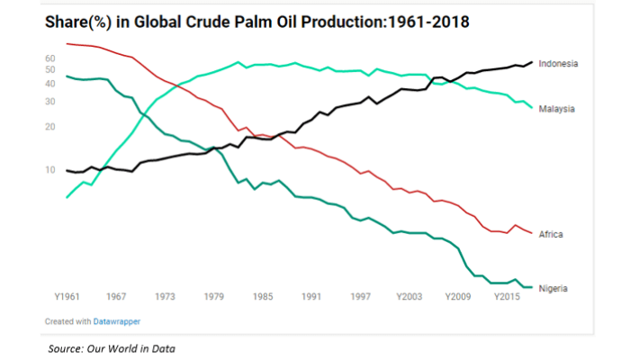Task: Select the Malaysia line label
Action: (x=557, y=109)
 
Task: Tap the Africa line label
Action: (x=551, y=235)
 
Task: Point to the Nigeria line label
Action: (x=553, y=288)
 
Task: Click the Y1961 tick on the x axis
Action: (x=68, y=296)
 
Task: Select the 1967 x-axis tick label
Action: (x=116, y=296)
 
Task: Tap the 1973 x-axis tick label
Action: (x=166, y=296)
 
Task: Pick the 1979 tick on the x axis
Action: (x=214, y=296)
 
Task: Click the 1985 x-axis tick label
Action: (x=264, y=296)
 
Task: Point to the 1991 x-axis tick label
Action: (x=312, y=296)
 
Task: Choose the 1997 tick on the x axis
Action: (x=362, y=296)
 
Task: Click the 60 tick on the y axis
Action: (x=50, y=58)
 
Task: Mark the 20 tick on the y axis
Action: (x=50, y=127)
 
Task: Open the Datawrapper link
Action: (x=117, y=320)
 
